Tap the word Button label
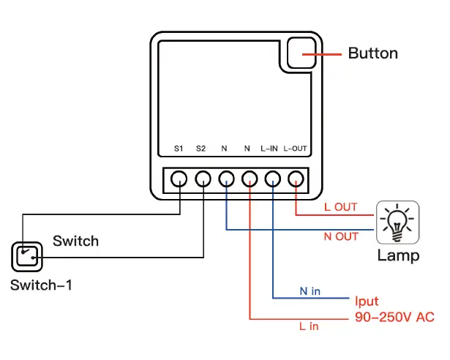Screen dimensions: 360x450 (372, 53)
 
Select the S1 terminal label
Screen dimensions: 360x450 (178, 149)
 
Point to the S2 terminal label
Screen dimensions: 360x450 (201, 149)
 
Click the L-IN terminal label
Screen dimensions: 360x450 (269, 149)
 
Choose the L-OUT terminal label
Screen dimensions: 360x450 (295, 149)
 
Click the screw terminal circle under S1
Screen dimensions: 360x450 (179, 178)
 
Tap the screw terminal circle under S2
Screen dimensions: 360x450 (203, 178)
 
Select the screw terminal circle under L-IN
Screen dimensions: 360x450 (272, 178)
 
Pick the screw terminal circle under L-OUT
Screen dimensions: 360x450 (296, 178)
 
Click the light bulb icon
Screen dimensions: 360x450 (398, 220)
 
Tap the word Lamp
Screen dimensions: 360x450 (398, 255)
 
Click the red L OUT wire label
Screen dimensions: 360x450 (340, 207)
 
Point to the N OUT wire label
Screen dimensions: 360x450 (341, 236)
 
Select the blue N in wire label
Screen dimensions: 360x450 (310, 291)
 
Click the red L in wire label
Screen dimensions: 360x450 (309, 326)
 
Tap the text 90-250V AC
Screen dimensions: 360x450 (394, 317)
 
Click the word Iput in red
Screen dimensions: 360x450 (367, 301)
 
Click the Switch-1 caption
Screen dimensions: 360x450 (42, 285)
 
